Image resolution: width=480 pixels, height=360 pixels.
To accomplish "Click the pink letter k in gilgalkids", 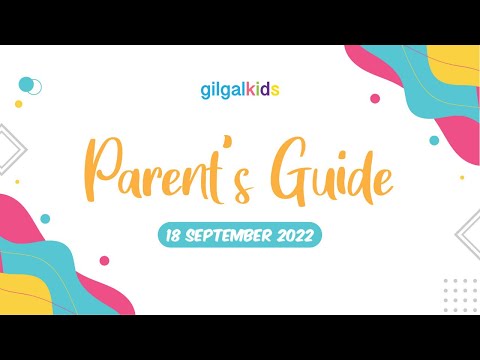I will tap(245, 90).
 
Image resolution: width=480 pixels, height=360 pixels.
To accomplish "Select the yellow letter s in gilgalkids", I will tap(273, 91).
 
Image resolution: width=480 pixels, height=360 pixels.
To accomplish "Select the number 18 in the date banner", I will tap(175, 236).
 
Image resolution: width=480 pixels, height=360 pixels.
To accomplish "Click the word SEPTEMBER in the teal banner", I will tap(227, 236).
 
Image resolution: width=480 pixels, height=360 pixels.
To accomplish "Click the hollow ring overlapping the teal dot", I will tap(33, 87).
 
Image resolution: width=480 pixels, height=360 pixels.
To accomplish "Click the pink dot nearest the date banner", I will tap(104, 261).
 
